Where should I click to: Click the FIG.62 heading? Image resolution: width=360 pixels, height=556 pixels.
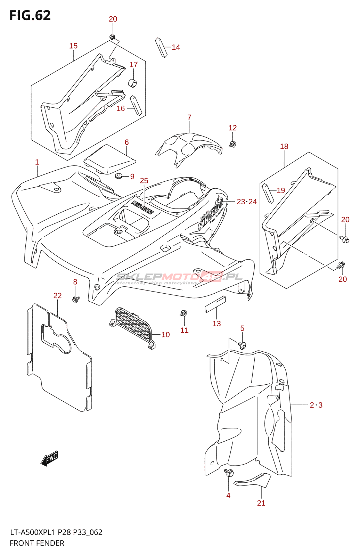[30, 16]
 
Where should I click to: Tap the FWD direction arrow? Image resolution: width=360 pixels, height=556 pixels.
[49, 458]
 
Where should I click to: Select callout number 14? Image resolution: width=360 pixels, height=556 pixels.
[176, 47]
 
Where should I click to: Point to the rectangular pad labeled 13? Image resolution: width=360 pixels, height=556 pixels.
[215, 304]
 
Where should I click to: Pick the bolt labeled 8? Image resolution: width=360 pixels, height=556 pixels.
[75, 299]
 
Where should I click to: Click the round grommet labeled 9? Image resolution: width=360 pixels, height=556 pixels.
[119, 176]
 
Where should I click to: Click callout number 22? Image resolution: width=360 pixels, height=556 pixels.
[57, 296]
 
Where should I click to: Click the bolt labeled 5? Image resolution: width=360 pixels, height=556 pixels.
[243, 345]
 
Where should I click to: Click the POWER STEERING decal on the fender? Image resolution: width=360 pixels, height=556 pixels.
[142, 207]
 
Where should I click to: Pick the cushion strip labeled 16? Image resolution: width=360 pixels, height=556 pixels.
[136, 105]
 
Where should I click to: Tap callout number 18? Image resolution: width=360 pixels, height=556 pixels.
[284, 147]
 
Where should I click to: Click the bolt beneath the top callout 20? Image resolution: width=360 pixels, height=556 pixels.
[112, 36]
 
